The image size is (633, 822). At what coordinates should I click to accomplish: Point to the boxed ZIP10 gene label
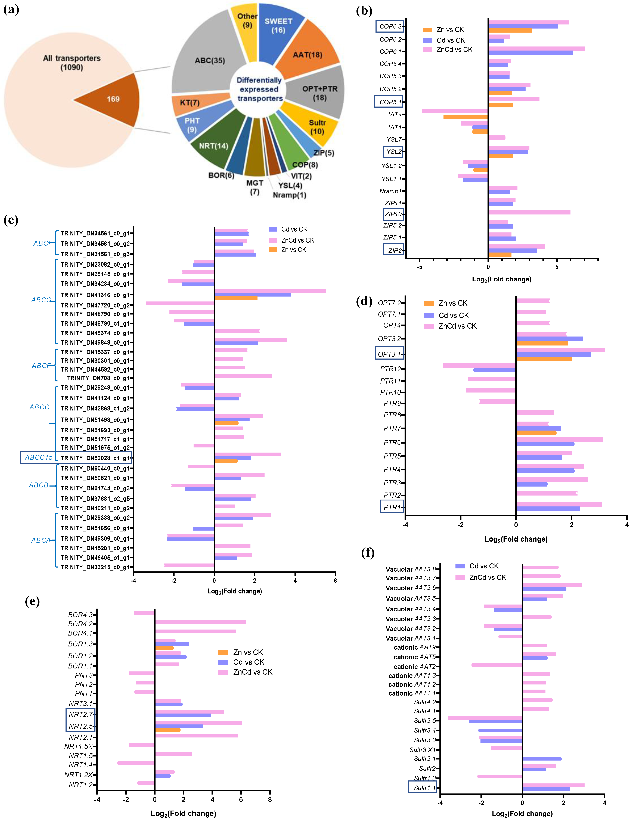coord(393,214)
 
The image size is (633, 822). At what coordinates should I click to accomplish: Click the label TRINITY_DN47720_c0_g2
coord(95,305)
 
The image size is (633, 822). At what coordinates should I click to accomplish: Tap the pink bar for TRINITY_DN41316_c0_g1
coord(270,291)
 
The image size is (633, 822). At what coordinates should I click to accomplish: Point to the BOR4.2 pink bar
coord(200,622)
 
